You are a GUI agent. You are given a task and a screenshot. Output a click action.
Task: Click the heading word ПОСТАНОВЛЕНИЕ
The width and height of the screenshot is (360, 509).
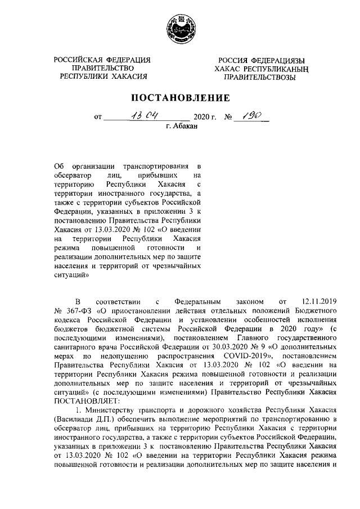click(x=180, y=97)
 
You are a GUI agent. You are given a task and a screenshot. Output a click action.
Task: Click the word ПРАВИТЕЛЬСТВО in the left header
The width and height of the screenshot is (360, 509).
click(x=103, y=67)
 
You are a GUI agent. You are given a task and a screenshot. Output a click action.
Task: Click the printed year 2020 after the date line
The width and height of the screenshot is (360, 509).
click(x=202, y=118)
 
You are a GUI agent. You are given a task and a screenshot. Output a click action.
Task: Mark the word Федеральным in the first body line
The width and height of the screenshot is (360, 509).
click(x=199, y=301)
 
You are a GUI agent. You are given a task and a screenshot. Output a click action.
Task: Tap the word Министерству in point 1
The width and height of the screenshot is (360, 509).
click(x=107, y=411)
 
